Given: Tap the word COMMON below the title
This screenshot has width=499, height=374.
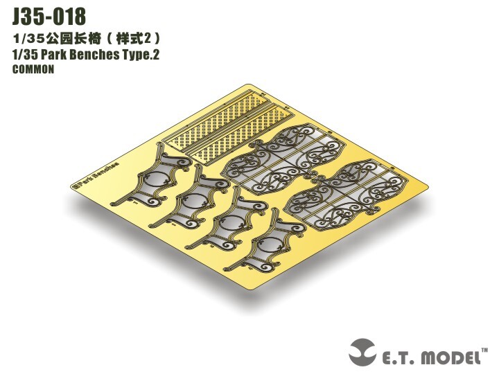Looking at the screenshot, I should point(33,69).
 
